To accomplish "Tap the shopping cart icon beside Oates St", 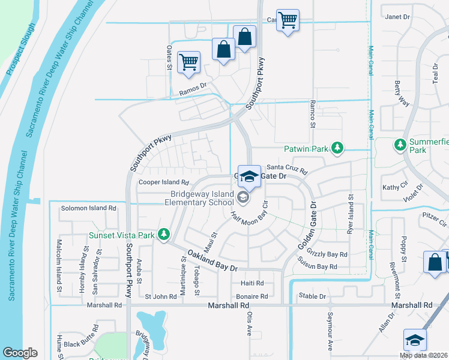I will coord(189,62).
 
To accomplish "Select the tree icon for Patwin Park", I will coord(338,148).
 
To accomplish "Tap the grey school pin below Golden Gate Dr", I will coord(243,197).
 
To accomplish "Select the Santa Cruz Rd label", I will coord(287,167).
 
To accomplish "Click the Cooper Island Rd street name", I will coord(164,182).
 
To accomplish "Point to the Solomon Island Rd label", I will coord(88,208).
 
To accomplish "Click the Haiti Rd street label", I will coord(252,283).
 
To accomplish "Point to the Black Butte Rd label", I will coord(81,337).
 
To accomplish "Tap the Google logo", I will coord(20,353).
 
